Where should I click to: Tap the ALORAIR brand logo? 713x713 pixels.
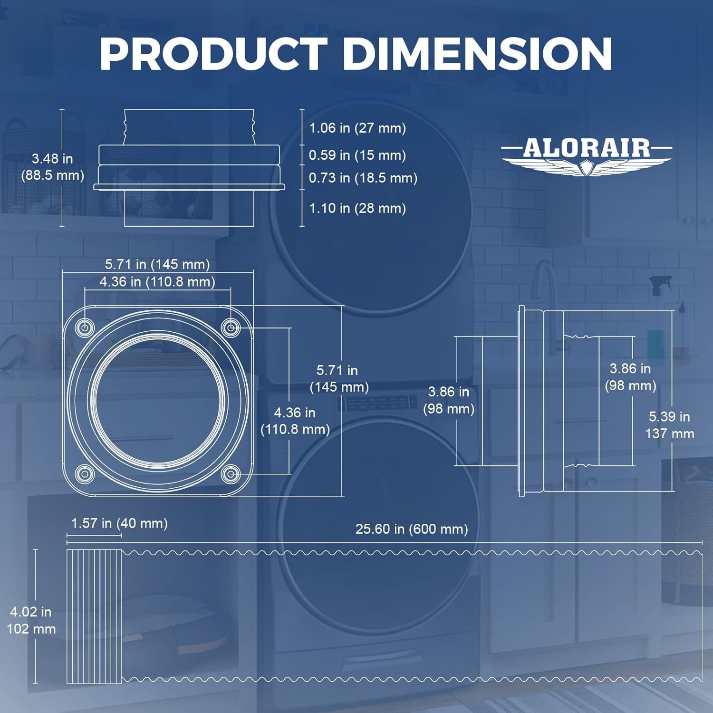tap(587, 155)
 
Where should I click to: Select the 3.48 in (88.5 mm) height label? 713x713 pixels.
tap(52, 167)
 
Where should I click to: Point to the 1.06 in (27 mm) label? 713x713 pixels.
tap(357, 128)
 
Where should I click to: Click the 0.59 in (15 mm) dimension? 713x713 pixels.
tap(357, 155)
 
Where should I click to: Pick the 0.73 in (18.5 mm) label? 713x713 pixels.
tap(363, 178)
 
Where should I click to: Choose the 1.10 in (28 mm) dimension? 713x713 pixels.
tap(357, 208)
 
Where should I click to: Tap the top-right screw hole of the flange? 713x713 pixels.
tap(231, 328)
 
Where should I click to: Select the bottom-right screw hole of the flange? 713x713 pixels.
tap(231, 474)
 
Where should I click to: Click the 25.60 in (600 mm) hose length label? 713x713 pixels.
tap(412, 529)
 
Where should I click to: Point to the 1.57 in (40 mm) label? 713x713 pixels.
tap(119, 523)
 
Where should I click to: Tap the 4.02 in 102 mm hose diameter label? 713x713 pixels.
tap(31, 620)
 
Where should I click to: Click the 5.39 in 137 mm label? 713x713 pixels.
tap(669, 425)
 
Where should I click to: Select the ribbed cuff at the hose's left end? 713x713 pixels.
tap(94, 616)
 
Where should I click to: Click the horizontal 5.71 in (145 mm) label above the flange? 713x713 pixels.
tap(157, 264)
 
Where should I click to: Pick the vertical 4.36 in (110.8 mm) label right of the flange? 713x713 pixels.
tap(295, 421)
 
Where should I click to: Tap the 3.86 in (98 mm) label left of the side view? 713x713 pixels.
tap(449, 400)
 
